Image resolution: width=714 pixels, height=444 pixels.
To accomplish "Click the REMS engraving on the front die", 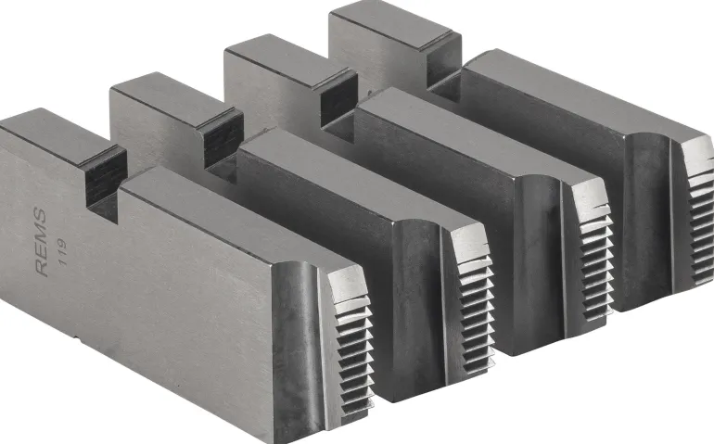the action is [x=41, y=242].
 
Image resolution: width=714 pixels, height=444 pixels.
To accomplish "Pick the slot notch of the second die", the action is [x=222, y=146].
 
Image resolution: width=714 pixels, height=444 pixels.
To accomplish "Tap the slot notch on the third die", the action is [x=338, y=106].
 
